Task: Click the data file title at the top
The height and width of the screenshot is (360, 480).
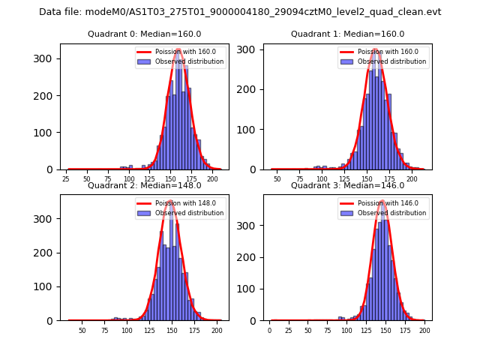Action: pyautogui.click(x=240, y=12)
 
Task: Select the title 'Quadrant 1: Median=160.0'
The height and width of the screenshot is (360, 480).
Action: pyautogui.click(x=347, y=34)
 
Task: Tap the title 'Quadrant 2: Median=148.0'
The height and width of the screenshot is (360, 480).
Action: pyautogui.click(x=145, y=185)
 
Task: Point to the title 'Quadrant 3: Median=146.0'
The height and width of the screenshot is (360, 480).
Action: pyautogui.click(x=347, y=185)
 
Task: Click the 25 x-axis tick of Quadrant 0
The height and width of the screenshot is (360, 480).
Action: pyautogui.click(x=66, y=179)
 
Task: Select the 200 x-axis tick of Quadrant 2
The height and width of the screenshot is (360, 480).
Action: pyautogui.click(x=217, y=330)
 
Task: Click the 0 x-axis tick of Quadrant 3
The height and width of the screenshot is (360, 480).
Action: pyautogui.click(x=270, y=330)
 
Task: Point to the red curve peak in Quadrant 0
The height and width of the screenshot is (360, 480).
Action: pyautogui.click(x=178, y=50)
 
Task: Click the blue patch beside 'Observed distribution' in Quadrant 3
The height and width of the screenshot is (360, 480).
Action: pyautogui.click(x=349, y=213)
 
